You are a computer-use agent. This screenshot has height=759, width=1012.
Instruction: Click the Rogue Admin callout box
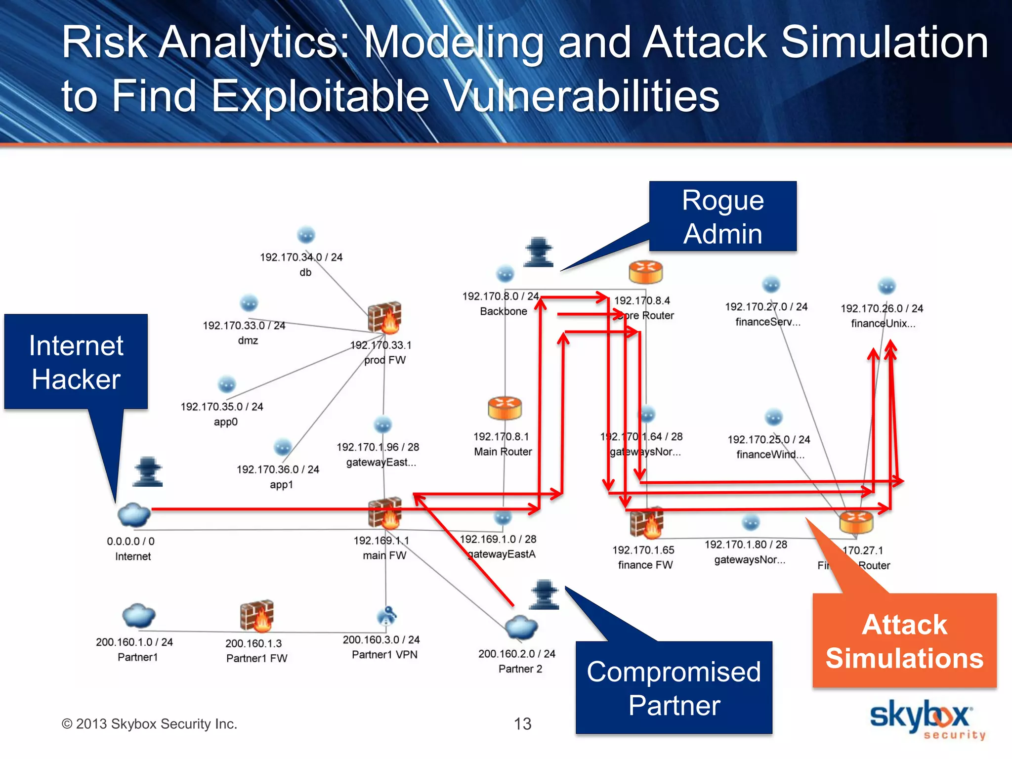pos(722,216)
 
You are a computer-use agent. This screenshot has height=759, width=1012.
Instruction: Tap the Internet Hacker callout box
pos(76,362)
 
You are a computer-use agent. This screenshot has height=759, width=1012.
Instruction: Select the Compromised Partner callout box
pos(674,687)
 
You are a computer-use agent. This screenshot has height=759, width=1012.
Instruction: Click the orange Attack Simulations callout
pos(904,640)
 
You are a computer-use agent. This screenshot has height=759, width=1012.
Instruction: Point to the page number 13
pos(522,724)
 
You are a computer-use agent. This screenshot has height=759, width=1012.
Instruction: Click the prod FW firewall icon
pos(384,317)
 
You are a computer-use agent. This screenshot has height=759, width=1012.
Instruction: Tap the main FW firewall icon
pos(384,512)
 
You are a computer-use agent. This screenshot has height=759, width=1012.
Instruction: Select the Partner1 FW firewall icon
pos(256,616)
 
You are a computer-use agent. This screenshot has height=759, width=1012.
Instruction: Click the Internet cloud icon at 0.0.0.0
pos(133,515)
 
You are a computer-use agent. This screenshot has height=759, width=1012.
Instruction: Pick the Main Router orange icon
pos(505,408)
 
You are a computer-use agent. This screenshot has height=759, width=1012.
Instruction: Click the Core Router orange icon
pos(645,272)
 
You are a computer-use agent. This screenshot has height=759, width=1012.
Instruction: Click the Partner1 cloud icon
pos(138,616)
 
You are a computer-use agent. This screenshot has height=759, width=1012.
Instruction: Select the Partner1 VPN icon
pos(386,616)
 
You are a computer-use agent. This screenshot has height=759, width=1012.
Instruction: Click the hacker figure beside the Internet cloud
pos(148,472)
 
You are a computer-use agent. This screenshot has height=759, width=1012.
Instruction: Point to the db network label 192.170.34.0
pos(301,257)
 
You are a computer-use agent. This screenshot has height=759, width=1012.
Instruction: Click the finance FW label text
pos(645,565)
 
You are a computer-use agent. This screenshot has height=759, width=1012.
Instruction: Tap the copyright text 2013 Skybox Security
pos(149,724)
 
